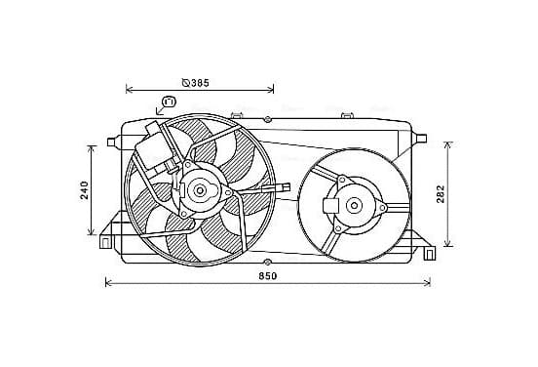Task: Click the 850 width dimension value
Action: pos(268,276)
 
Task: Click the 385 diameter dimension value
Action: pos(200,83)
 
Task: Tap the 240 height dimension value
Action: pos(85,190)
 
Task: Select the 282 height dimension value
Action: pos(441,194)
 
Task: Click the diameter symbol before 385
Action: pos(186,83)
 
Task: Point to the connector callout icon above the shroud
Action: pos(169,102)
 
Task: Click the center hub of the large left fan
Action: pos(200,190)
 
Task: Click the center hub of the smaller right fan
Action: pos(354,206)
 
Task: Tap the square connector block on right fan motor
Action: pos(331,206)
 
